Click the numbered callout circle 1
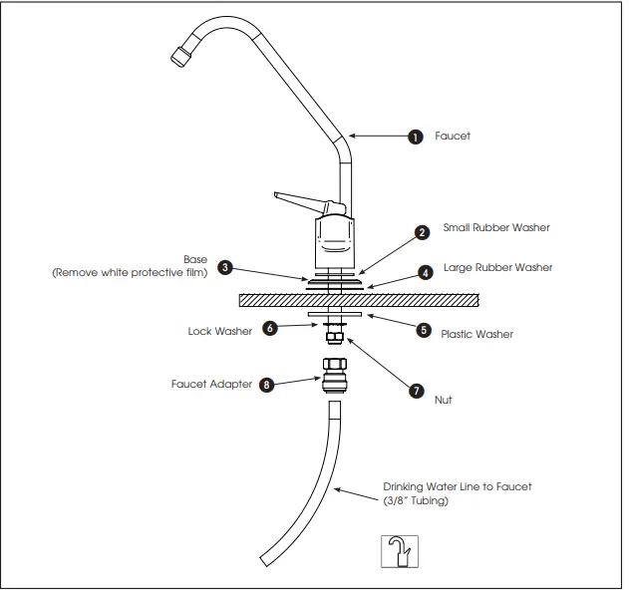(416, 138)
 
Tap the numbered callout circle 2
(423, 231)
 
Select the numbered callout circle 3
(226, 267)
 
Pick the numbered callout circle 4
(426, 271)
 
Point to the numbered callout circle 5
(424, 330)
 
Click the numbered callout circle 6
(269, 328)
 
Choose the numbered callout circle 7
(417, 391)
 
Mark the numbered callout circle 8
(266, 385)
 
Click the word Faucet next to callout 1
(453, 137)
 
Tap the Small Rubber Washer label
(495, 228)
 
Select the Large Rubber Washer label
(497, 268)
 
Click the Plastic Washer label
(476, 335)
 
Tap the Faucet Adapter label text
(209, 383)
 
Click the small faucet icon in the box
(401, 551)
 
